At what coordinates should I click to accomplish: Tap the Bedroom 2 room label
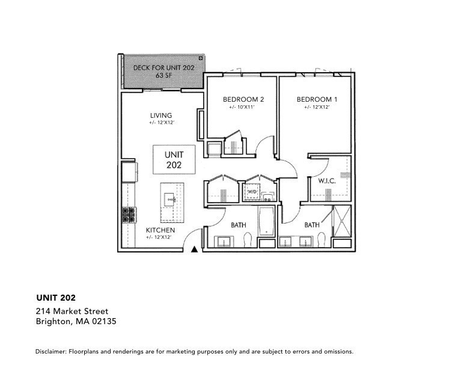pos(243,99)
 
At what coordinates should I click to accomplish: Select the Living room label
pos(161,115)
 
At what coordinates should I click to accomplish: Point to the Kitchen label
pos(160,230)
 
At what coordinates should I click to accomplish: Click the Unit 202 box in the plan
pos(173,159)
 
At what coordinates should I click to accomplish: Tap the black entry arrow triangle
pos(194,249)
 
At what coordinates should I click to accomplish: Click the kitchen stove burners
pos(129,215)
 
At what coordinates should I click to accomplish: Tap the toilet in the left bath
pos(248,240)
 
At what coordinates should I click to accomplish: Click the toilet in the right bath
pos(322,239)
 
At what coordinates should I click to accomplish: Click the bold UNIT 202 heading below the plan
pos(56,297)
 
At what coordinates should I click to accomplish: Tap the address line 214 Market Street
pos(72,311)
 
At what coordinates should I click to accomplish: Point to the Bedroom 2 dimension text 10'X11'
pos(243,108)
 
